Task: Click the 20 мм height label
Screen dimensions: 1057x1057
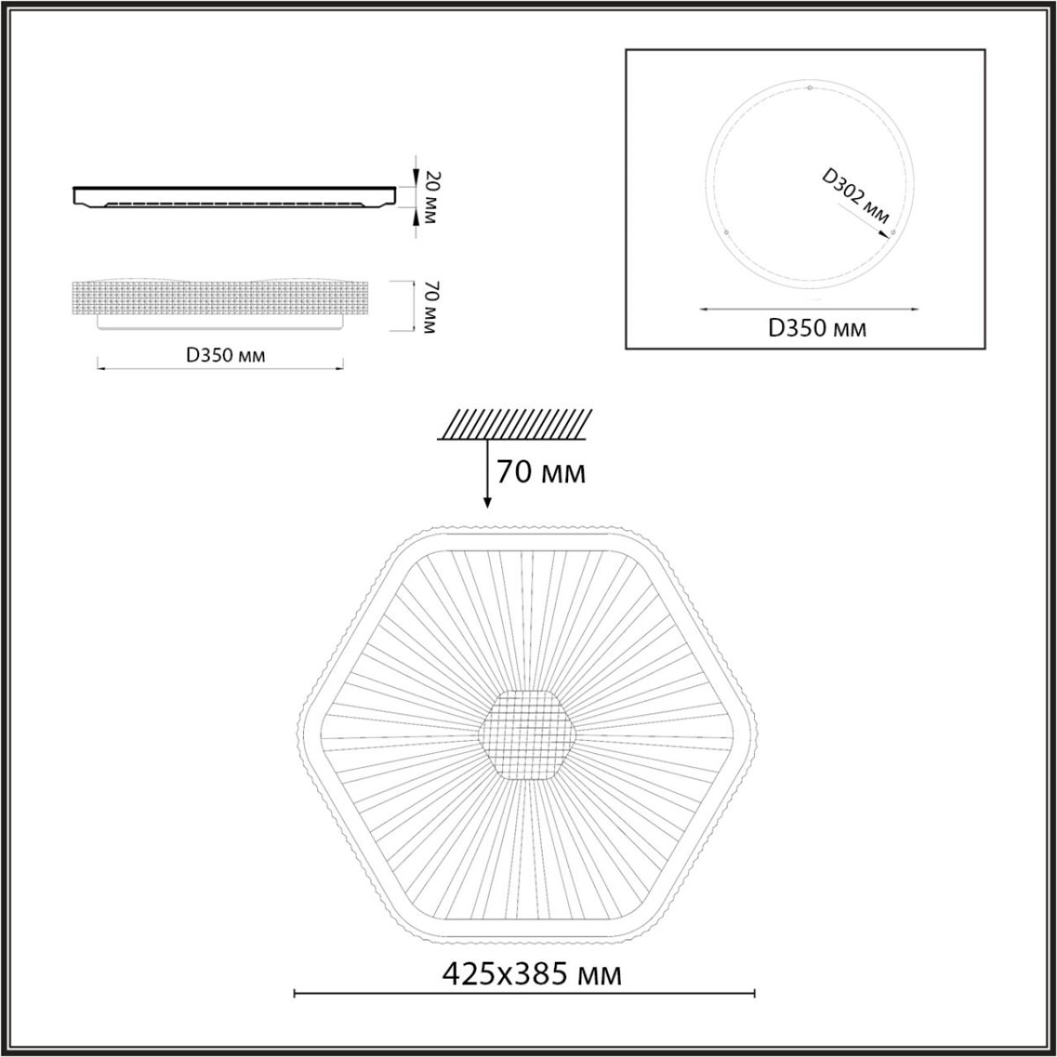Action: tap(431, 196)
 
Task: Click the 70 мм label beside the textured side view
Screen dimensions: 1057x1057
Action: tap(431, 306)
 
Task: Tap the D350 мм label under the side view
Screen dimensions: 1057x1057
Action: tap(225, 355)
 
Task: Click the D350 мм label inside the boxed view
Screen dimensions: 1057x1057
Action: tap(817, 329)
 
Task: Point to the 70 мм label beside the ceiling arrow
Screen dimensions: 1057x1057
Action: tap(541, 472)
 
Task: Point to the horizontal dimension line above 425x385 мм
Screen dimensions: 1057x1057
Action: tap(525, 995)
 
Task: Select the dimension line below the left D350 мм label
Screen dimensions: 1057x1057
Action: tap(219, 367)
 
